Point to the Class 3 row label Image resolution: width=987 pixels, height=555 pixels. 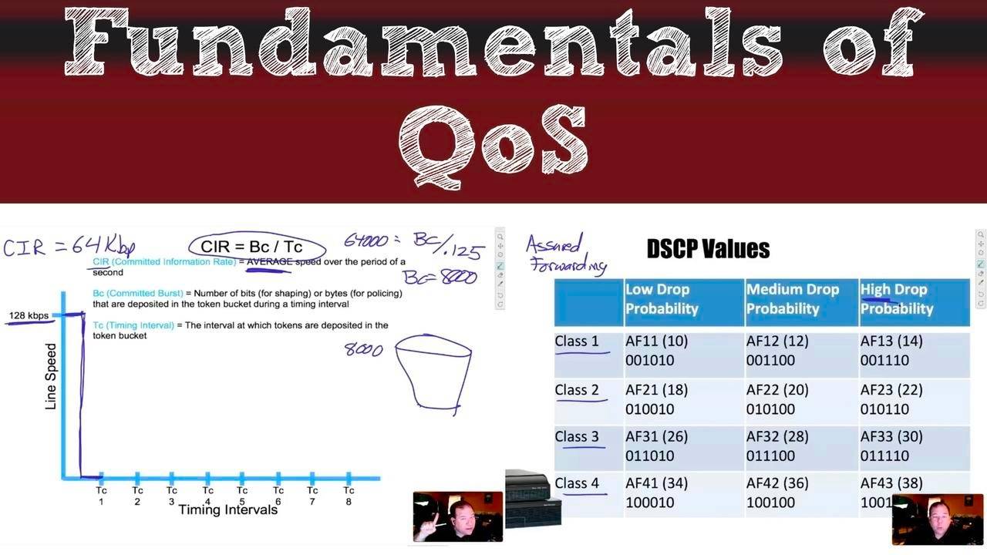click(x=577, y=437)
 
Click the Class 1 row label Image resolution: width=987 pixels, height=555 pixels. click(x=577, y=341)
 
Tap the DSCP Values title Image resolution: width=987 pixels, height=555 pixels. click(x=708, y=249)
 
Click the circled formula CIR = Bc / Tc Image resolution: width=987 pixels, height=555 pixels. click(x=251, y=247)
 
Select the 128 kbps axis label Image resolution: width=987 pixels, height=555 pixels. click(x=29, y=316)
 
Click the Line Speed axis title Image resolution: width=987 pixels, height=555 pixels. click(x=51, y=376)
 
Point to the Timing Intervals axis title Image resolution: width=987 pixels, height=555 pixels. click(x=227, y=510)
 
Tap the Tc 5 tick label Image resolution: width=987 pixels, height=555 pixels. click(x=242, y=496)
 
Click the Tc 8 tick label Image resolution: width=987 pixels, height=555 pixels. click(x=349, y=496)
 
